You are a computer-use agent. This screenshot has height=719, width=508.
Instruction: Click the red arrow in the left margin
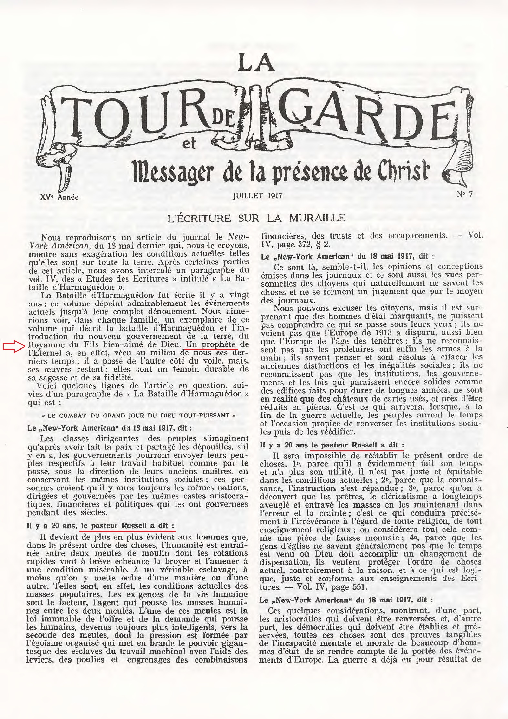[14, 347]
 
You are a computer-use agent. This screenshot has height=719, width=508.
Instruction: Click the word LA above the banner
[256, 63]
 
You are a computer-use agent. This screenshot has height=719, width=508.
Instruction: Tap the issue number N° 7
[465, 194]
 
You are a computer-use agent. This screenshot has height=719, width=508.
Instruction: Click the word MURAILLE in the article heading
[317, 218]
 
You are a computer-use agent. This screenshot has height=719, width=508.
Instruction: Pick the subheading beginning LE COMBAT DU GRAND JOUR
[138, 416]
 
